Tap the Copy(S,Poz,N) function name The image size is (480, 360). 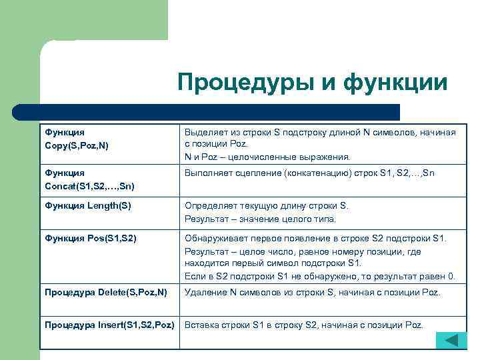coord(77,145)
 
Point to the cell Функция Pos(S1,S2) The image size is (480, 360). coord(90,238)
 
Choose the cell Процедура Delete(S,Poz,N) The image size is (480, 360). coord(105,292)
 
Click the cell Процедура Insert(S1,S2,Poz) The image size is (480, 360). coord(109,325)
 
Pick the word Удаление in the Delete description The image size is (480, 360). coord(205,292)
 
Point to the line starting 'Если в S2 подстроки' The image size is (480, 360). coord(320,276)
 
